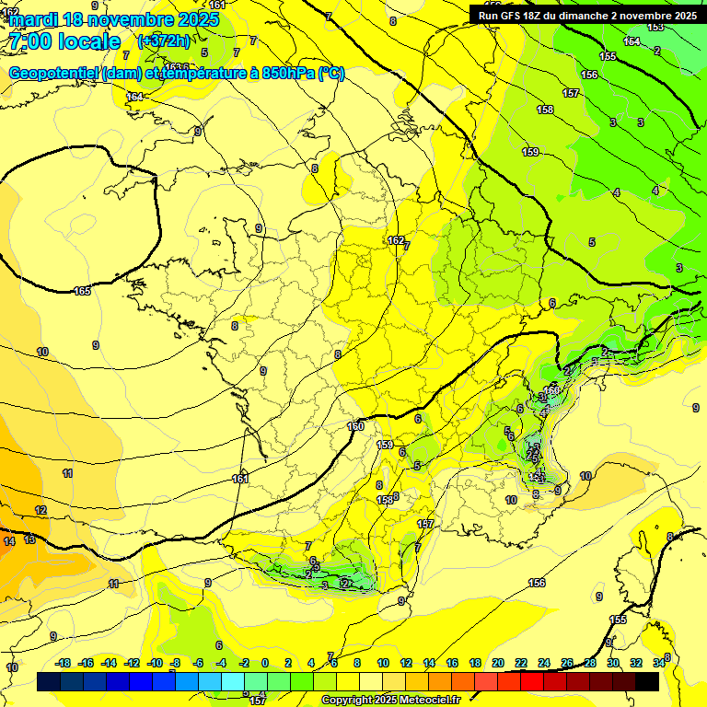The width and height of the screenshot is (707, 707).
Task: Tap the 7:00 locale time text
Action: click(x=65, y=41)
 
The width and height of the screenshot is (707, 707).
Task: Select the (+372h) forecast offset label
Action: click(x=165, y=41)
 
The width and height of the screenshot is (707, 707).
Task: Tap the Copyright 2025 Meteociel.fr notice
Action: click(x=390, y=701)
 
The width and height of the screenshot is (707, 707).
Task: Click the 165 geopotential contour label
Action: click(x=82, y=291)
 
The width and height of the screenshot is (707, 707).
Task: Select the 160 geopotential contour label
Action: click(x=356, y=426)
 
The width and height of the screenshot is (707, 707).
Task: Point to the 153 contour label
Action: click(x=655, y=27)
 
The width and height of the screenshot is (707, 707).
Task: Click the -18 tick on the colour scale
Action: click(x=63, y=663)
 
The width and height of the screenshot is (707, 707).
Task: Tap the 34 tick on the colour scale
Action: click(x=658, y=663)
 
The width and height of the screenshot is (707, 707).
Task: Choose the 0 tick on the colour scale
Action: click(x=265, y=663)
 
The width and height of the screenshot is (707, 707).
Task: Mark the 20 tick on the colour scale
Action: click(x=497, y=663)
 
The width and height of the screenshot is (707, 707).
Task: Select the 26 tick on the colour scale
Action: click(x=566, y=663)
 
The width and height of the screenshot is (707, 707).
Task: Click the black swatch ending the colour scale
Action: click(x=647, y=681)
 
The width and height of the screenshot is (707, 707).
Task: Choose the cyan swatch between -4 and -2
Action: click(x=233, y=681)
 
